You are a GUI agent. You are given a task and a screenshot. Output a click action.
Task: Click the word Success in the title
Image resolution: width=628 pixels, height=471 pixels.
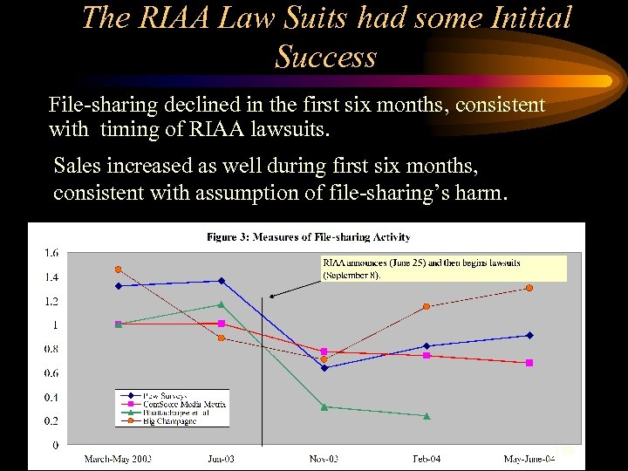coord(325,57)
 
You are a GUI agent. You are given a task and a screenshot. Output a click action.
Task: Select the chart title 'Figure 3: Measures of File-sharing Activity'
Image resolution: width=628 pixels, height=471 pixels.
coord(308,236)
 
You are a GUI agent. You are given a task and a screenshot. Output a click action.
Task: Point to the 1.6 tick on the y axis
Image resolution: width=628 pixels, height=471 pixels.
coord(51,253)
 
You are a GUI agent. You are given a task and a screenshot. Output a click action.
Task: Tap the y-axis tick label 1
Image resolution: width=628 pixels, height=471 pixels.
coord(55,324)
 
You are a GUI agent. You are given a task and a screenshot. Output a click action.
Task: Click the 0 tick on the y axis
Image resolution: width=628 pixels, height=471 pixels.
coord(55,445)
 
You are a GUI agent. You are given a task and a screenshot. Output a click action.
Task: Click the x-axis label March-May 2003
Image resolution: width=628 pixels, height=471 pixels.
coord(118,459)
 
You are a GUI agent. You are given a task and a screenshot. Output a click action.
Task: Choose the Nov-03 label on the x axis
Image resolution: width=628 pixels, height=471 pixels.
coord(324,459)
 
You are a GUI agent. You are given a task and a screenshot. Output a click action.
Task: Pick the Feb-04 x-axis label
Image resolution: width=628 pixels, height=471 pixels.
coord(427,459)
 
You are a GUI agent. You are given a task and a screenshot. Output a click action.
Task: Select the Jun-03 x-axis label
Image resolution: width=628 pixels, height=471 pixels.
coord(221,459)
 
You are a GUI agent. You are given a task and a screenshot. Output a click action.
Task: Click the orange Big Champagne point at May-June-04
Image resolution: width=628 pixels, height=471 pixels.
coord(529,288)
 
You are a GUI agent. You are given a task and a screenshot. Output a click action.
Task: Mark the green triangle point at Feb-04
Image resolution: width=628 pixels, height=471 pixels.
coord(427,416)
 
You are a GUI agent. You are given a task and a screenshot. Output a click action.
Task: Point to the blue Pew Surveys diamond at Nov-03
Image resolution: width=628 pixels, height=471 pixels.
coord(324,368)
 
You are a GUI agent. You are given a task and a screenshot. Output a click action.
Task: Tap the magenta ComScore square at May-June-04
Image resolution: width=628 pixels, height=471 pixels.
coord(529,363)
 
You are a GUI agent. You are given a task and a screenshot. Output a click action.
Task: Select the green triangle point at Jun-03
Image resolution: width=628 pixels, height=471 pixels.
coord(221,304)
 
